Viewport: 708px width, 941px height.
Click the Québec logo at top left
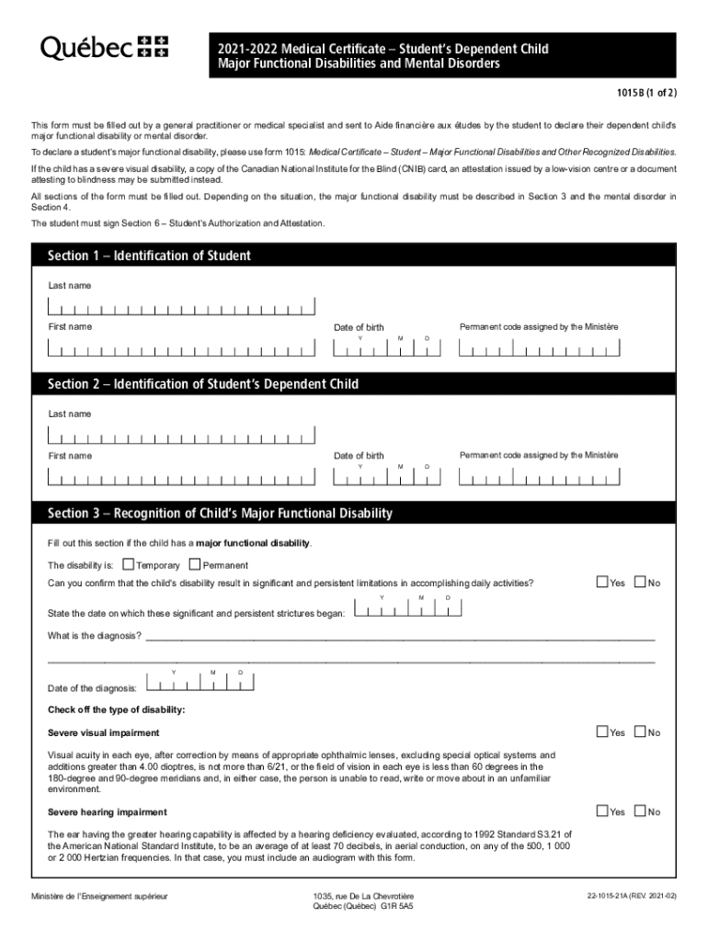pyautogui.click(x=104, y=48)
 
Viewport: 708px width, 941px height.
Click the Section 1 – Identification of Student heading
pyautogui.click(x=149, y=255)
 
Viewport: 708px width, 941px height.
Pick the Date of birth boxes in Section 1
pyautogui.click(x=385, y=349)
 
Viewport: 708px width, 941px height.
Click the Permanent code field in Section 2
pyautogui.click(x=537, y=478)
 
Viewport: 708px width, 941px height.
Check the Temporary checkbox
pyautogui.click(x=128, y=564)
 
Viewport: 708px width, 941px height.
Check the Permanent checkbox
pyautogui.click(x=194, y=564)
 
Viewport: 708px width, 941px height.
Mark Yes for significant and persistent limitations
pyautogui.click(x=602, y=582)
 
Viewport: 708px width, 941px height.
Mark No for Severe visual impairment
pyautogui.click(x=640, y=731)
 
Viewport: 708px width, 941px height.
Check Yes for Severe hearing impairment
pyautogui.click(x=602, y=811)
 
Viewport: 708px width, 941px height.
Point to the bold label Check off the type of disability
pyautogui.click(x=116, y=709)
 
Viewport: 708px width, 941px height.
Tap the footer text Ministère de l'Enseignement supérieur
pyautogui.click(x=99, y=895)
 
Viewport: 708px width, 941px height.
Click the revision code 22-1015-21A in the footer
pyautogui.click(x=623, y=895)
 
